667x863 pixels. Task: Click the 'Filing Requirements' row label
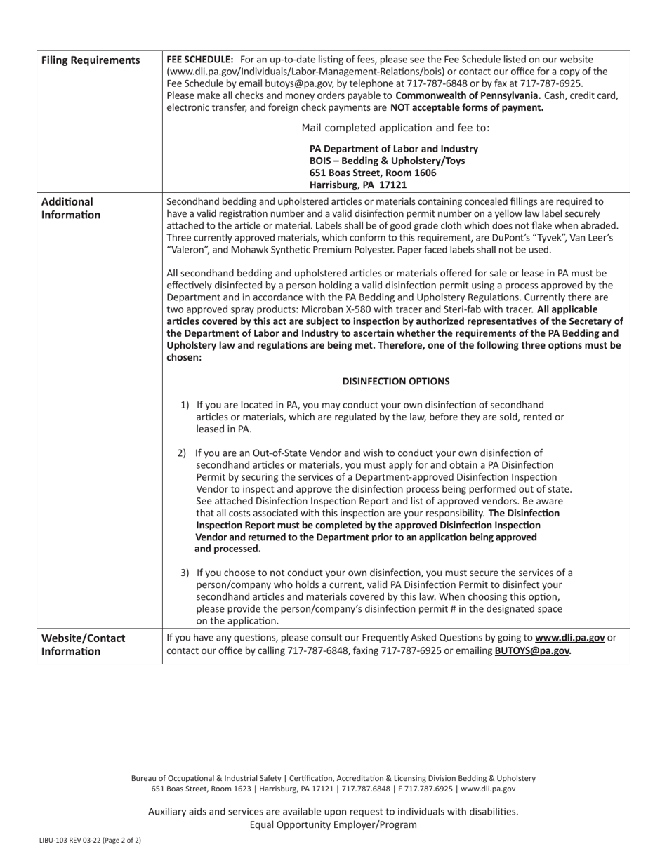tap(91, 60)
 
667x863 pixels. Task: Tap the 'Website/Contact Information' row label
tap(83, 644)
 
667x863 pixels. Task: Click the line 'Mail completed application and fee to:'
tap(395, 128)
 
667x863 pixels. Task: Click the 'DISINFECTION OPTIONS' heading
tap(396, 381)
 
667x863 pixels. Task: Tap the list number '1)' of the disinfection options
tap(185, 405)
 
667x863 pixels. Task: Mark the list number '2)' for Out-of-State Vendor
tap(182, 453)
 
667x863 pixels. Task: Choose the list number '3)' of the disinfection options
tap(185, 573)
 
